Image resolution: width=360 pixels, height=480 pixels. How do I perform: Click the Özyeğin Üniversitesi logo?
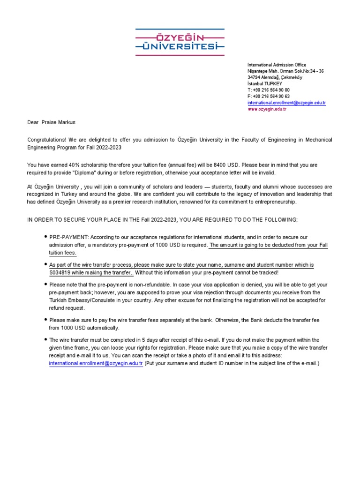180,42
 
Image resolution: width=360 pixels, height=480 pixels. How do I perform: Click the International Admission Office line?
277,65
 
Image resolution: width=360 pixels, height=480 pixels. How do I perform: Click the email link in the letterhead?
286,103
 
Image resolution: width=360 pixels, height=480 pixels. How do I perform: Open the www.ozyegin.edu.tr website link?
267,109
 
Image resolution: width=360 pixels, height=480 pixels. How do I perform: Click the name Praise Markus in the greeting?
58,122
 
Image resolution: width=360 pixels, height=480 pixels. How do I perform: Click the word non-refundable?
138,285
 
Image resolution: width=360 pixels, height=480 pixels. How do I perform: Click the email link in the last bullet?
96,364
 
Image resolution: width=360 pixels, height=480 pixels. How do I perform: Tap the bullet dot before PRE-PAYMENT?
45,237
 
